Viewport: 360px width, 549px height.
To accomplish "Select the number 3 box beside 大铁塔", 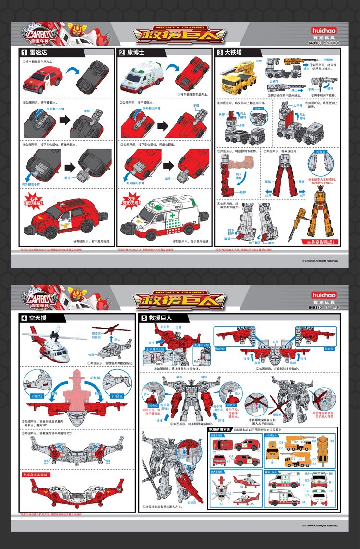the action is click(x=220, y=52).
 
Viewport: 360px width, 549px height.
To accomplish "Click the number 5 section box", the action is click(x=144, y=317).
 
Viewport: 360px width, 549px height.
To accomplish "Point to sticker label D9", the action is click(x=331, y=441).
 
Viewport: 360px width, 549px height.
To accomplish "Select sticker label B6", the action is click(x=331, y=474).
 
